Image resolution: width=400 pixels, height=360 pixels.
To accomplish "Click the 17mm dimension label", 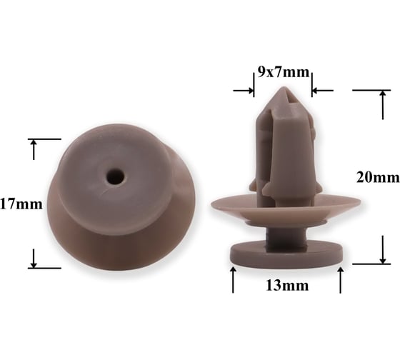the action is pos(21,204).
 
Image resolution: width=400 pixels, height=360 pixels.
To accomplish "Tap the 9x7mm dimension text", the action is pos(283,72).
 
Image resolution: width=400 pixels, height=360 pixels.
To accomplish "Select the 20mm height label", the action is pos(378,177).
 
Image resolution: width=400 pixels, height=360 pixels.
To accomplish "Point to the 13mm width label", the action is pos(287,285).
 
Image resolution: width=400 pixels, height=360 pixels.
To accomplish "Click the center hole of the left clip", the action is pos(115,176).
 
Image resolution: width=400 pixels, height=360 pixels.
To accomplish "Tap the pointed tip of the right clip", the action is pos(282,89).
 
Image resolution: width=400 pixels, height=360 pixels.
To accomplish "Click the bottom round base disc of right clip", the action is pos(286,254).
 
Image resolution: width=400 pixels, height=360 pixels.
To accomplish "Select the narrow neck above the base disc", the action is pos(286,237).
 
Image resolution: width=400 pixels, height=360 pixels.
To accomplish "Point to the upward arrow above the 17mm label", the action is pos(34,149).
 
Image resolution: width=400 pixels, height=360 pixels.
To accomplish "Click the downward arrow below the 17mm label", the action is pos(34,258).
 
